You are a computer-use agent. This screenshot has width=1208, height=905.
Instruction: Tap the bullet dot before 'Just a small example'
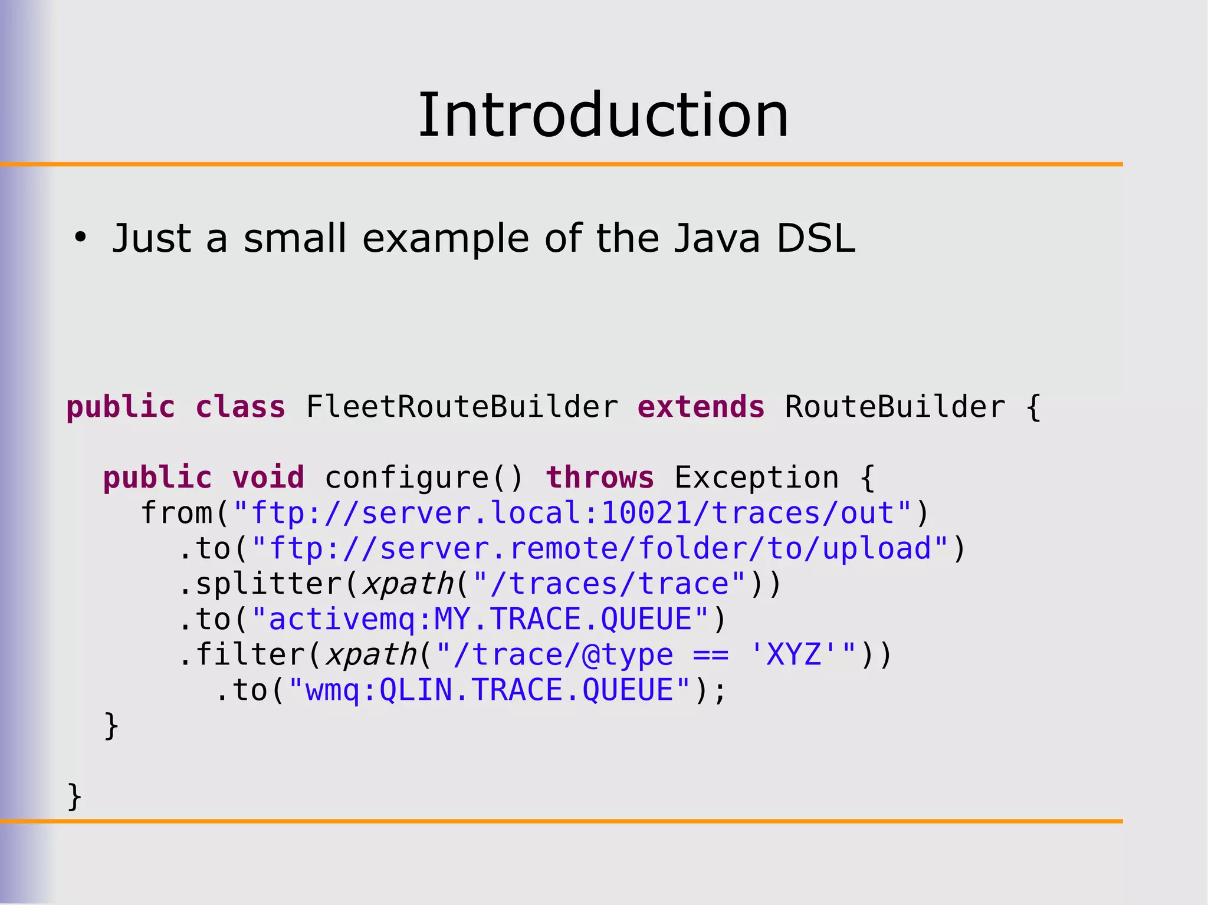pyautogui.click(x=80, y=238)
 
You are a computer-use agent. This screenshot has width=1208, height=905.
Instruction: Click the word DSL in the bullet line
pyautogui.click(x=816, y=238)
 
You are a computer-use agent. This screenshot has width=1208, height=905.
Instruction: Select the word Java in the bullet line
pyautogui.click(x=717, y=238)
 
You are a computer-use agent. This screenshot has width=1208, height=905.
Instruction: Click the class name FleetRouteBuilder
pyautogui.click(x=462, y=407)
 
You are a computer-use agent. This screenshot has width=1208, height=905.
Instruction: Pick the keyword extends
pyautogui.click(x=701, y=407)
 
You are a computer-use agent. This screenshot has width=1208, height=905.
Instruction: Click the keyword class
pyautogui.click(x=241, y=407)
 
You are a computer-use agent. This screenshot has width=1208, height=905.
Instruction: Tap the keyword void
pyautogui.click(x=268, y=478)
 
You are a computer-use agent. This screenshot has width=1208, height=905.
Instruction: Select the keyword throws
pyautogui.click(x=600, y=478)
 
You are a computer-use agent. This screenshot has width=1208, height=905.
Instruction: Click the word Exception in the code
pyautogui.click(x=756, y=478)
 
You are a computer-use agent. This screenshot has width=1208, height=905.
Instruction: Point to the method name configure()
pyautogui.click(x=424, y=478)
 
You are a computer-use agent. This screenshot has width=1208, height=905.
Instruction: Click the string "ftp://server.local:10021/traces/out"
pyautogui.click(x=572, y=513)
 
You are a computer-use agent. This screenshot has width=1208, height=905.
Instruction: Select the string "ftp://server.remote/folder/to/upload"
pyautogui.click(x=600, y=548)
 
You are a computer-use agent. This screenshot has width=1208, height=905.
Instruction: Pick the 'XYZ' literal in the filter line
pyautogui.click(x=793, y=654)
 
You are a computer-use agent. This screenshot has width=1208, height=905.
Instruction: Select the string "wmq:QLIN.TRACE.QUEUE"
pyautogui.click(x=489, y=690)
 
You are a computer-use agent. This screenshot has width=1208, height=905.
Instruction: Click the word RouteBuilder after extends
pyautogui.click(x=894, y=407)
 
